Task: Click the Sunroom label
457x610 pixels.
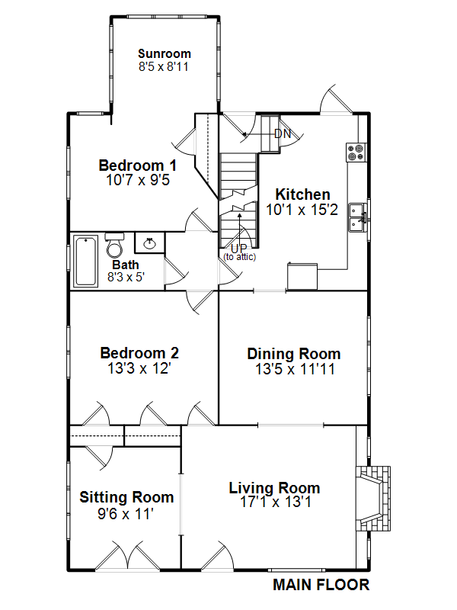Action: pyautogui.click(x=165, y=53)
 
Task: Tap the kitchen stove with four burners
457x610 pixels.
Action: pyautogui.click(x=356, y=152)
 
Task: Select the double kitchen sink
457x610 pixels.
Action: pyautogui.click(x=357, y=217)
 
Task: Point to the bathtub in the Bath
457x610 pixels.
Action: pyautogui.click(x=85, y=261)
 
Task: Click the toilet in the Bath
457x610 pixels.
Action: pyautogui.click(x=115, y=246)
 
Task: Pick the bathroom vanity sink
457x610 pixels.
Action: pyautogui.click(x=149, y=242)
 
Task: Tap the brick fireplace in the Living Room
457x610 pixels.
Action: pyautogui.click(x=372, y=499)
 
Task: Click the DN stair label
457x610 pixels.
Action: pyautogui.click(x=283, y=134)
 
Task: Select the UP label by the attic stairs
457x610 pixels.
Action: pyautogui.click(x=238, y=249)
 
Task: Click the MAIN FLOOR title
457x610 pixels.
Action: pyautogui.click(x=321, y=585)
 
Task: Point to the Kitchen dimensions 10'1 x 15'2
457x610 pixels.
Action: pyautogui.click(x=302, y=210)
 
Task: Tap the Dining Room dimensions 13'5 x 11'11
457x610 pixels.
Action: pyautogui.click(x=295, y=369)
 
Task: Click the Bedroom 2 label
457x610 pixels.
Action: pyautogui.click(x=139, y=353)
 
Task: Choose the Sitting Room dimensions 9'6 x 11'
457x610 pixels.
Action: pyautogui.click(x=126, y=514)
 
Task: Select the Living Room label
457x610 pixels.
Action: pyautogui.click(x=274, y=488)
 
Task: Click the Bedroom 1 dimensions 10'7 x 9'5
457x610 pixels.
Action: pyautogui.click(x=138, y=180)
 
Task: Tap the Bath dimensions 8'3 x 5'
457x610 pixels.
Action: pyautogui.click(x=126, y=277)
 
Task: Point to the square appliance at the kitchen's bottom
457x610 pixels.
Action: pyautogui.click(x=302, y=276)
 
